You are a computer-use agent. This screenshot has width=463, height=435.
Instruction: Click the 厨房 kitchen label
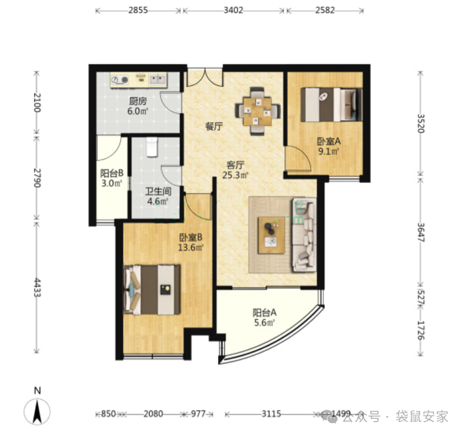coord(138,101)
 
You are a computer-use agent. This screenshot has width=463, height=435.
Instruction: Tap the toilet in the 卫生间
coord(152,147)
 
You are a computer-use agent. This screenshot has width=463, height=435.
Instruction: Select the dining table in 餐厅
coord(257,111)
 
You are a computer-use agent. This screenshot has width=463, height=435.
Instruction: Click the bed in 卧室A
coord(331,104)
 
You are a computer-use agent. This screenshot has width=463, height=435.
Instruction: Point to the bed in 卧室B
coord(152,290)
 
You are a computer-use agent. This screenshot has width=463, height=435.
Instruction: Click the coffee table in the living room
coord(271,236)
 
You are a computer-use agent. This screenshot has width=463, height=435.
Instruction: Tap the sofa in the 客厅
coord(304,235)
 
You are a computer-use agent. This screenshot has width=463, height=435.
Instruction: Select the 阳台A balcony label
coord(264,312)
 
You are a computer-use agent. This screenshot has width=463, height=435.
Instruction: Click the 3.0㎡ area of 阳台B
coord(112,183)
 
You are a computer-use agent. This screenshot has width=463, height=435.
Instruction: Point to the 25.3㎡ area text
coord(235,175)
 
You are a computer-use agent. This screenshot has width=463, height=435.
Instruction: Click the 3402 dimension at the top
coord(233,10)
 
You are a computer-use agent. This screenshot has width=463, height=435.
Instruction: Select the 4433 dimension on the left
coord(36,288)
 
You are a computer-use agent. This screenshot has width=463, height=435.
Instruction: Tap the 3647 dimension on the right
coord(421,232)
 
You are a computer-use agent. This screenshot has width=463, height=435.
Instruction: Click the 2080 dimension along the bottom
coord(153,414)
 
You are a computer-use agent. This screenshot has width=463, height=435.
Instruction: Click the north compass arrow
coord(37,411)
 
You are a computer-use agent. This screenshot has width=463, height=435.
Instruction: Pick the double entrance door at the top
coord(205,77)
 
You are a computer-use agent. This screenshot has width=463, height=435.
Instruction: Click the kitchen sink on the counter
coord(157,79)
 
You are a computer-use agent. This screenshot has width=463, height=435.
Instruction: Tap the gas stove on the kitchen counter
coord(119,80)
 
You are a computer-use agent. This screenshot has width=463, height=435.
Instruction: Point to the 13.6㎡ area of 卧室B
coord(191,247)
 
